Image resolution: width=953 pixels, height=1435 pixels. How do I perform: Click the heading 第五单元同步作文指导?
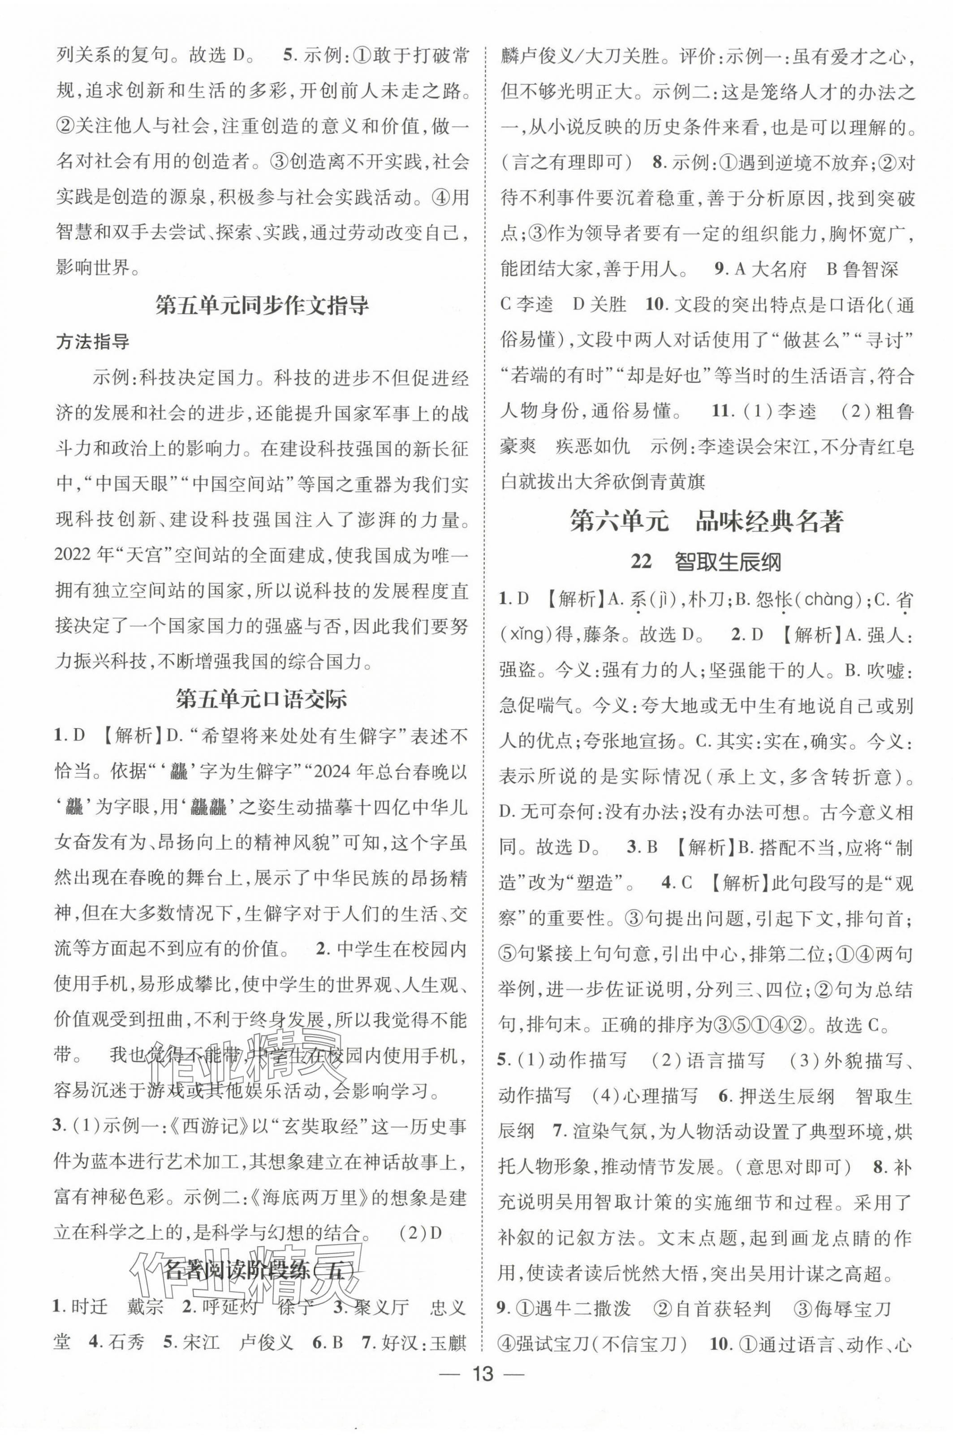pyautogui.click(x=262, y=305)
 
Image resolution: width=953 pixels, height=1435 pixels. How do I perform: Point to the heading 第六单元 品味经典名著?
pyautogui.click(x=707, y=521)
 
